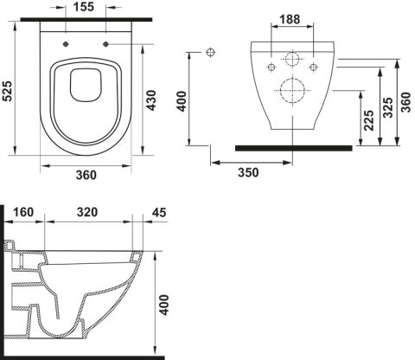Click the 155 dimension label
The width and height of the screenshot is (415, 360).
[84, 7]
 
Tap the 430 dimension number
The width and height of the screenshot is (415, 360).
[150, 100]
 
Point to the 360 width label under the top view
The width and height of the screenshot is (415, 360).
[86, 175]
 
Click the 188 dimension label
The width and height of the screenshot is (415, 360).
[290, 19]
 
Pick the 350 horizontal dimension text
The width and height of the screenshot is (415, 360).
[248, 172]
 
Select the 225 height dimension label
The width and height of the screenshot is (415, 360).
[368, 120]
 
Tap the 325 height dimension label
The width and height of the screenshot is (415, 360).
[387, 107]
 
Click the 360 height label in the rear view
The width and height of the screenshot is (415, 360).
[405, 102]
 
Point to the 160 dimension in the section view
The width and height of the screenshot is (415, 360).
[23, 212]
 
